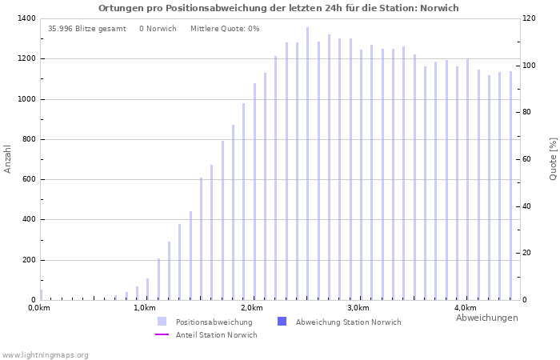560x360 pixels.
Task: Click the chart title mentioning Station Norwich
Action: (278, 8)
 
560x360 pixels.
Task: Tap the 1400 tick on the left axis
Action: (26, 18)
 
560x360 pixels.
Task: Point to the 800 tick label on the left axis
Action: (28, 139)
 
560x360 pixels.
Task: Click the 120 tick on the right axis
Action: (529, 18)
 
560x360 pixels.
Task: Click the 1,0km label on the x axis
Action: (145, 308)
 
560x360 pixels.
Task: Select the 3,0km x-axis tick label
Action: (358, 308)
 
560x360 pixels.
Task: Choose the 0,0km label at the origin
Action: (38, 308)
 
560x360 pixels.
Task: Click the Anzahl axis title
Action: (8, 158)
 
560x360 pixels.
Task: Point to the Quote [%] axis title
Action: (553, 158)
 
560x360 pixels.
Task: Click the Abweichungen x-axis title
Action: (486, 318)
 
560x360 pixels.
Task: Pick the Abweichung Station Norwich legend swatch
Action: (282, 322)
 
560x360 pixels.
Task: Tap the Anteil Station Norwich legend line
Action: (162, 335)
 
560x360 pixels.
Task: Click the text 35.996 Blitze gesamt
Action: (87, 29)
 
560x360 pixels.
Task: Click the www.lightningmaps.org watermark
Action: (46, 355)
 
